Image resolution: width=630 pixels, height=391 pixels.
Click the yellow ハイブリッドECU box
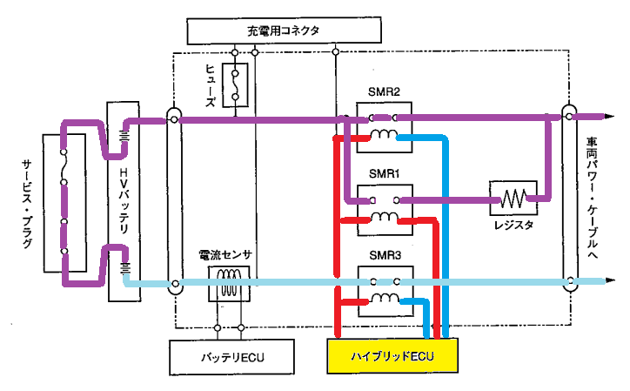(392, 356)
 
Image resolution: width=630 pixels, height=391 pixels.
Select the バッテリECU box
(231, 357)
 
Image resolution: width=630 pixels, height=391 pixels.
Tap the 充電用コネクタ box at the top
(284, 30)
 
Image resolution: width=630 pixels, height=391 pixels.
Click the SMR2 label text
(384, 92)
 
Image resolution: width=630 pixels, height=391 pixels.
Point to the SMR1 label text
(385, 174)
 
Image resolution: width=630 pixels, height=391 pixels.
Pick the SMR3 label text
(385, 255)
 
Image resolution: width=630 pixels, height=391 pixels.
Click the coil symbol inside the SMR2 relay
(384, 134)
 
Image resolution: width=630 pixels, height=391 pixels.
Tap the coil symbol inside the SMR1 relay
(385, 217)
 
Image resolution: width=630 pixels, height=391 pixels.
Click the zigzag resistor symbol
(513, 199)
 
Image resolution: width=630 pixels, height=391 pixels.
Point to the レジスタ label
(514, 225)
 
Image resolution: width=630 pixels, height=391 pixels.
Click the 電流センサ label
(225, 254)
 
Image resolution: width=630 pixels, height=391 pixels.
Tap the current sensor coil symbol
(229, 283)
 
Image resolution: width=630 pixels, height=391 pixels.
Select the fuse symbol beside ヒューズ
(235, 84)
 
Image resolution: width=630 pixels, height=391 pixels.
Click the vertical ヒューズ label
(211, 85)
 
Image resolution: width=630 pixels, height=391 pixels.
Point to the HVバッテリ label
(124, 200)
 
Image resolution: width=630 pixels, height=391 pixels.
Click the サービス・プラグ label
(27, 204)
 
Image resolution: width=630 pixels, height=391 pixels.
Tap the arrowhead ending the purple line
(609, 117)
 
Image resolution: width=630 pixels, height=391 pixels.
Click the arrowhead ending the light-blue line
(610, 280)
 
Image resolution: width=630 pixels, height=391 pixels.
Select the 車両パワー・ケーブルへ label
(592, 198)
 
